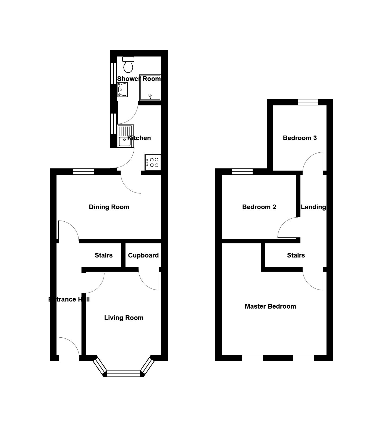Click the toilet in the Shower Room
coord(128,65)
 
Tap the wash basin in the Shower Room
coord(122,90)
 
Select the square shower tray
coord(150,87)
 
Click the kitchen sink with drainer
coord(125,136)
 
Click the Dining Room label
coord(109,207)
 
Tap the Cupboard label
coord(143,255)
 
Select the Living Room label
coord(124,318)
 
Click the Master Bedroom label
coord(270,306)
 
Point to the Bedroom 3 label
coord(300,138)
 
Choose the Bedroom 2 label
coord(259,207)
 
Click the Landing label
coord(313,207)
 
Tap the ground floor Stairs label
coord(103,255)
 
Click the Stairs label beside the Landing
coord(296,255)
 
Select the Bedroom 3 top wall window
coord(308,102)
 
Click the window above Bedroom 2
coord(242,172)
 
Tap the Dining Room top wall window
coord(84,172)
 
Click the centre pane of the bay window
coord(124,374)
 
